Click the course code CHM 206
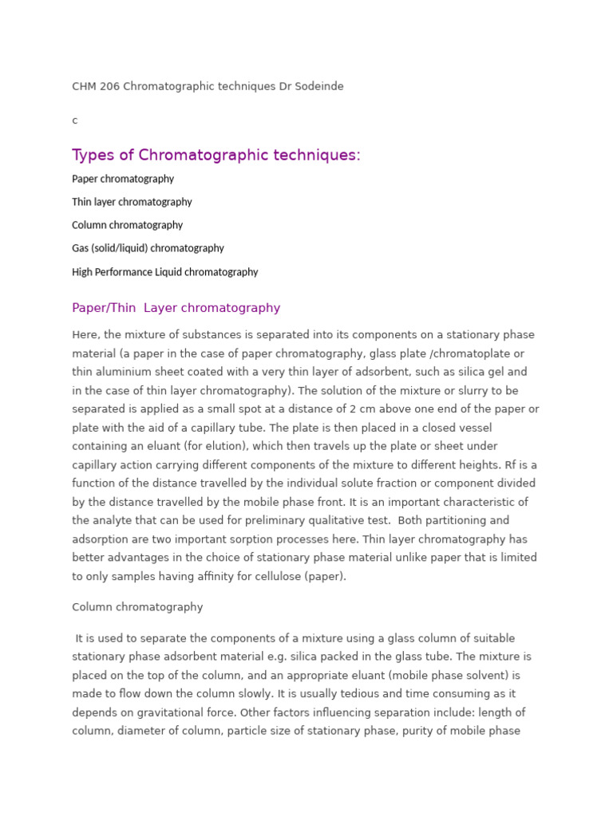[96, 86]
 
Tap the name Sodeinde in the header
[318, 86]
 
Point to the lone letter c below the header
[75, 120]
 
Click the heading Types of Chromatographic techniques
[216, 155]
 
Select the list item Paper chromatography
[123, 179]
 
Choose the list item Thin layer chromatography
[132, 202]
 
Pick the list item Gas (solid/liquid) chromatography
[148, 248]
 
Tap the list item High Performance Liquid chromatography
[164, 272]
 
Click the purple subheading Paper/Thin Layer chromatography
[176, 308]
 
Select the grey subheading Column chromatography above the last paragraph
[137, 607]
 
